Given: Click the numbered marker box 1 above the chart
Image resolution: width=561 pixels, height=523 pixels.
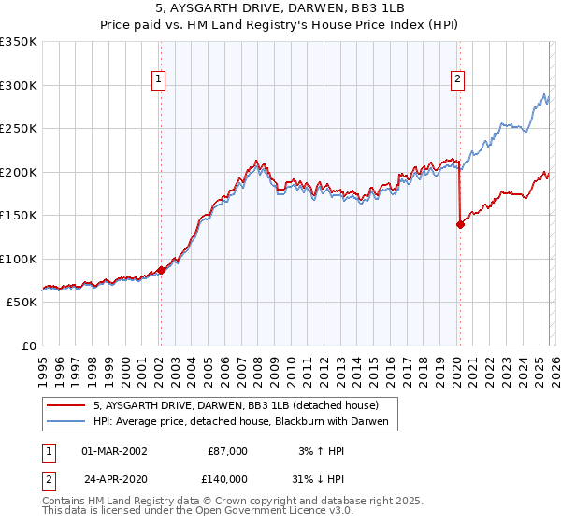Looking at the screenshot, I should tap(160, 80).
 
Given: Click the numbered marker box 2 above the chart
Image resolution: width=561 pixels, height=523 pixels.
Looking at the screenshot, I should tap(458, 80).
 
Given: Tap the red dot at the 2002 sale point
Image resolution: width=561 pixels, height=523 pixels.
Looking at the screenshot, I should tap(161, 270).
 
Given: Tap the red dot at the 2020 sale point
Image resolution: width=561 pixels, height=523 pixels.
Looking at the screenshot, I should tap(460, 224).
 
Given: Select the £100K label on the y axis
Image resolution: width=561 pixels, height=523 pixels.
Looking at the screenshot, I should tap(19, 259).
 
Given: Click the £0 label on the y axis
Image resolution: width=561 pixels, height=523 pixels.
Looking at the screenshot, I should tap(28, 346).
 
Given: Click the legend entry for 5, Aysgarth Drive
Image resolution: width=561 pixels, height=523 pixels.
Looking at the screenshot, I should tap(236, 406).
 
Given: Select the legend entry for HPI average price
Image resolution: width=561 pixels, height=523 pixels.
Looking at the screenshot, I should tap(246, 423).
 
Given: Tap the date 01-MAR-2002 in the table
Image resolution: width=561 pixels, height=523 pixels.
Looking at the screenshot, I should tap(114, 451).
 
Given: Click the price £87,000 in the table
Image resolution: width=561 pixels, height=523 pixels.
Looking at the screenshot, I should tap(227, 451).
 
